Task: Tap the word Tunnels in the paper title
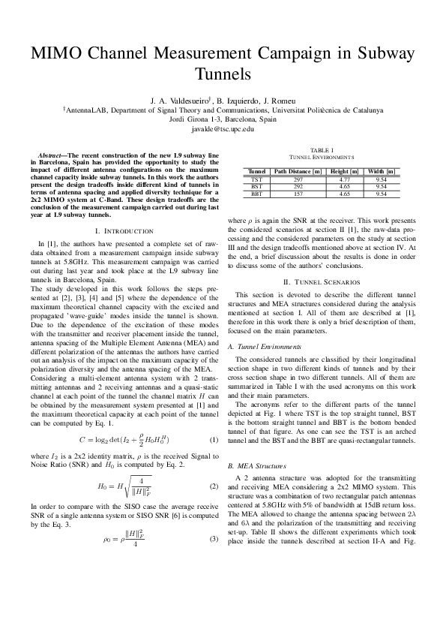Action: click(x=223, y=74)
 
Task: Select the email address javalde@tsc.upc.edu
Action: click(x=223, y=129)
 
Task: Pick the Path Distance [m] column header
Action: click(x=298, y=172)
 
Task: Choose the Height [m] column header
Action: click(x=344, y=172)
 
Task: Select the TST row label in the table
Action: click(x=256, y=180)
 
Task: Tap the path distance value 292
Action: click(x=298, y=187)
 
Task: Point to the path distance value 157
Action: click(x=298, y=194)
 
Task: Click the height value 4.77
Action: click(x=344, y=180)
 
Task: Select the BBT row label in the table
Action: click(x=256, y=194)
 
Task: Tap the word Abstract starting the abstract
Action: click(x=52, y=154)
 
